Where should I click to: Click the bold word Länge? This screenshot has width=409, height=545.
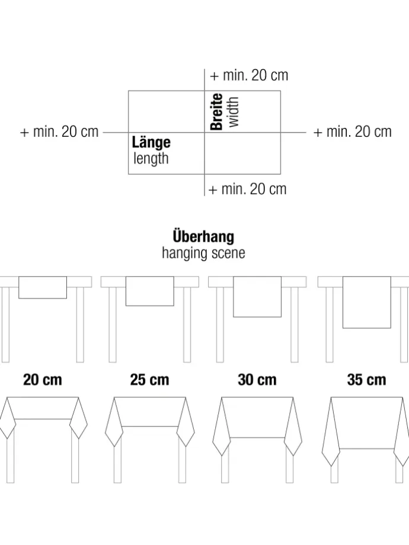click(x=151, y=143)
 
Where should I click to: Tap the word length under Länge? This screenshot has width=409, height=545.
click(x=151, y=159)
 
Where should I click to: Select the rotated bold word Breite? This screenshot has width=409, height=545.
click(x=217, y=111)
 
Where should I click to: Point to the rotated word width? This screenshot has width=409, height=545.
click(x=234, y=112)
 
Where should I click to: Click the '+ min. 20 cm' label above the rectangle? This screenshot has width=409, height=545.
click(x=249, y=75)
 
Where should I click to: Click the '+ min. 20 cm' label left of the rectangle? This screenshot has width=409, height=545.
click(x=59, y=132)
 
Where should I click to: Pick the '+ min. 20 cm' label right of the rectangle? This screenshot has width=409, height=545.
click(x=353, y=132)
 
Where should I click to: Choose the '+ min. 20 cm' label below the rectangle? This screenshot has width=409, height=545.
click(x=247, y=190)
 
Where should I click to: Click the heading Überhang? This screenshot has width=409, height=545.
click(x=203, y=236)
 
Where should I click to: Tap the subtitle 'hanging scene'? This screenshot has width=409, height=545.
click(x=203, y=253)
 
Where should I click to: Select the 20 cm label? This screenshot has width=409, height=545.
click(x=43, y=380)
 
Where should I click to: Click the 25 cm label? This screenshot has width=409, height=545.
click(x=149, y=380)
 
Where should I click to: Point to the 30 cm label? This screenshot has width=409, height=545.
click(x=257, y=380)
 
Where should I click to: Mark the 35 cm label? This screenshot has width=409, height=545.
click(x=366, y=380)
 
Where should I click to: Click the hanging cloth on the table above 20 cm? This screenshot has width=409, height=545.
click(x=43, y=287)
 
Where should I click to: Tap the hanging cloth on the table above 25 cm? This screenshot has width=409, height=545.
click(x=149, y=291)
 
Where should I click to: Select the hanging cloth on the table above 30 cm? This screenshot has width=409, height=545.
click(x=257, y=297)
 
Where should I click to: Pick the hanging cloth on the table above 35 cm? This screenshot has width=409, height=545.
click(x=366, y=302)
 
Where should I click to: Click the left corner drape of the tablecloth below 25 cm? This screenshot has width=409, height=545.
click(x=114, y=422)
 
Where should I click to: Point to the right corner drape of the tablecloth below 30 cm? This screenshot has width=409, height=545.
click(x=293, y=428)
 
